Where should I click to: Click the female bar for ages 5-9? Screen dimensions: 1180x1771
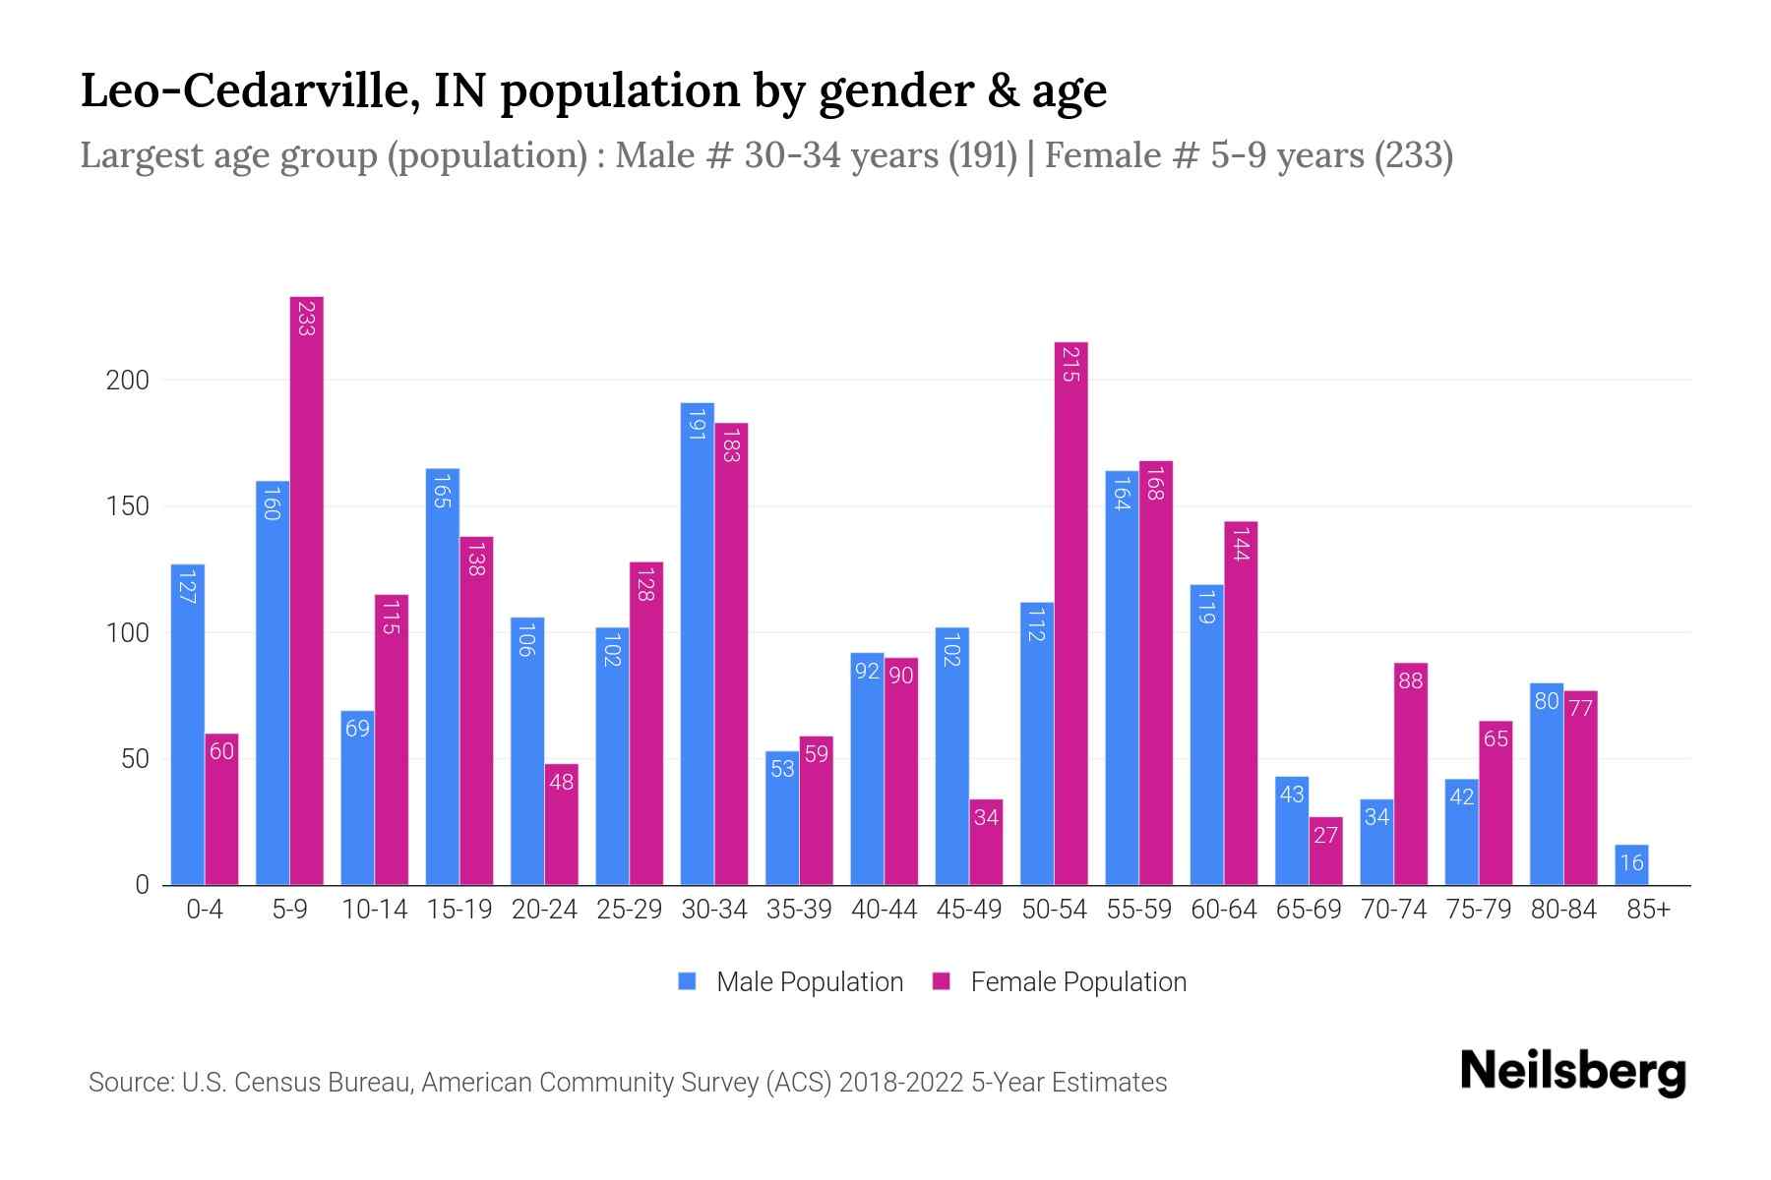pos(307,590)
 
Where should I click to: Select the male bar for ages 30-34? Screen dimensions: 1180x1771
pos(697,644)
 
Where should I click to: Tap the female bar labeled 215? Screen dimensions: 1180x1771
pos(1070,615)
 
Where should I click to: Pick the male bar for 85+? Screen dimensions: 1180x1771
pos(1631,865)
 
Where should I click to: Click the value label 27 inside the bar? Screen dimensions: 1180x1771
pos(1325,835)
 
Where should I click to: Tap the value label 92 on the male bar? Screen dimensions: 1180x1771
pos(867,672)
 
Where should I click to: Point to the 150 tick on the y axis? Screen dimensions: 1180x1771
pos(127,506)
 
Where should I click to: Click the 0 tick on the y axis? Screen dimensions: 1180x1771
pos(142,885)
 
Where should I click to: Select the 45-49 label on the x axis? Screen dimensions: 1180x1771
pos(968,910)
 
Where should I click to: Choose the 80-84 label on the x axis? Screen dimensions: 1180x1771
pos(1562,910)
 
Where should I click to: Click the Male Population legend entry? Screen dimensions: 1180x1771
pos(809,982)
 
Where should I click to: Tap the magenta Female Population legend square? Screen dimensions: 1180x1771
pos(942,981)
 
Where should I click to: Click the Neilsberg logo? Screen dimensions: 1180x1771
pos(1572,1072)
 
